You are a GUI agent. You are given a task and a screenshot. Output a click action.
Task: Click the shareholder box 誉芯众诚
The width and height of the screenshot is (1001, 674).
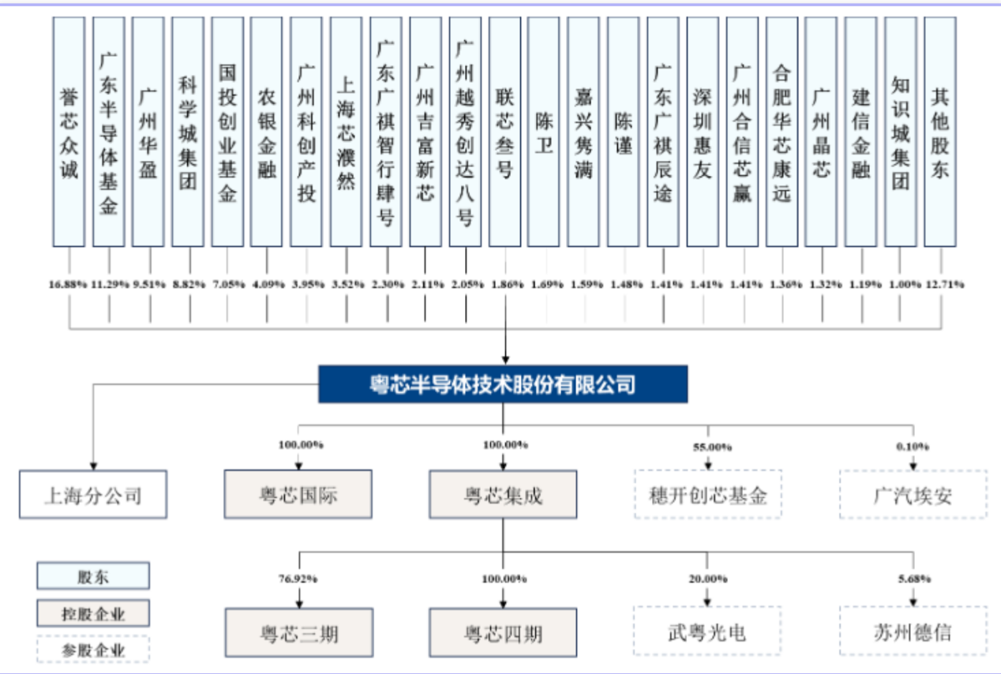pyautogui.click(x=69, y=132)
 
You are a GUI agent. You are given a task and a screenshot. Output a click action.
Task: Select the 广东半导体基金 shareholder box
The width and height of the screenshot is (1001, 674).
pyautogui.click(x=109, y=132)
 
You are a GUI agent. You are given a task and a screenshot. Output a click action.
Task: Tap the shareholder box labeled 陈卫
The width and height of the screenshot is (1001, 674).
pyautogui.click(x=544, y=132)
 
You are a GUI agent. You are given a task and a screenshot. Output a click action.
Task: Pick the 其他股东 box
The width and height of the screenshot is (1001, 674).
pyautogui.click(x=939, y=132)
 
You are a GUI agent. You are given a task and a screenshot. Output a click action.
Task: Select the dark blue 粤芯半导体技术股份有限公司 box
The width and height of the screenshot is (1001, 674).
pyautogui.click(x=503, y=384)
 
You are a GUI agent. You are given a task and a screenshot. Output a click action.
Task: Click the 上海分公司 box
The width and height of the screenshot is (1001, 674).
pyautogui.click(x=93, y=495)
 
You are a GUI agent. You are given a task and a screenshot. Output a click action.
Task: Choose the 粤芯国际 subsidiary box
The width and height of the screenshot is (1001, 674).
pyautogui.click(x=298, y=495)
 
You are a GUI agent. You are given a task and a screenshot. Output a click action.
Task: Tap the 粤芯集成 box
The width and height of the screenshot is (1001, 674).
pyautogui.click(x=503, y=495)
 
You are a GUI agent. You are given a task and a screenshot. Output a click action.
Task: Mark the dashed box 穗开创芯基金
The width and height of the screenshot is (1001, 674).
pyautogui.click(x=707, y=495)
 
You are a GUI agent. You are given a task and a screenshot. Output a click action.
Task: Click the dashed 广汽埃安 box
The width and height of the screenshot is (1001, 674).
pyautogui.click(x=913, y=495)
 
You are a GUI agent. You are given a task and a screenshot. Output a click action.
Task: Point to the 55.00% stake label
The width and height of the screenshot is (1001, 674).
pyautogui.click(x=707, y=447)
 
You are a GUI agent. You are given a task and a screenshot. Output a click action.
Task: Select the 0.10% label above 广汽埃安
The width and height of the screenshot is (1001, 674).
pyautogui.click(x=913, y=447)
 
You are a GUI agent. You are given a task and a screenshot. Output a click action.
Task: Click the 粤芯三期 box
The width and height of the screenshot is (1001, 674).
pyautogui.click(x=298, y=632)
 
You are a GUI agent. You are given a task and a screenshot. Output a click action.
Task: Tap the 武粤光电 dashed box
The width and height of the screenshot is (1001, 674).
pyautogui.click(x=707, y=631)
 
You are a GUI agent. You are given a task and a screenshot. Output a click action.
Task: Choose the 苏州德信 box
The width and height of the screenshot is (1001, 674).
pyautogui.click(x=913, y=631)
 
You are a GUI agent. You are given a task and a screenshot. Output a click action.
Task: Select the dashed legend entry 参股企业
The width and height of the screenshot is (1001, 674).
pyautogui.click(x=93, y=650)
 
